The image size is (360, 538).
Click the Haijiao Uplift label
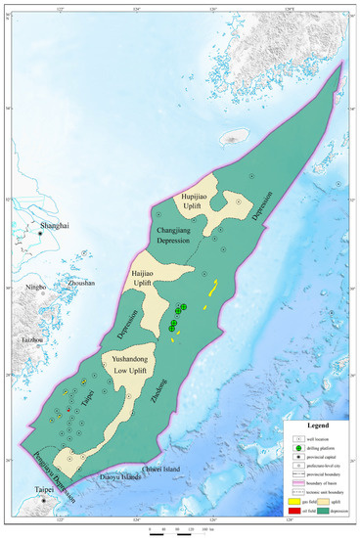click(x=145, y=274)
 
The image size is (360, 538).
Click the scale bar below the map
click(x=180, y=525)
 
